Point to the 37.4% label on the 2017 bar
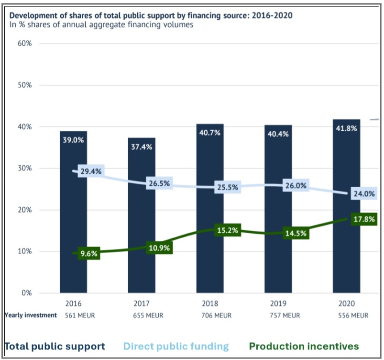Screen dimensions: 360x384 pos(142,147)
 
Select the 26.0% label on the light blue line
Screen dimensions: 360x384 pos(295,186)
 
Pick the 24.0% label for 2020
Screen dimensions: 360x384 pos(364,194)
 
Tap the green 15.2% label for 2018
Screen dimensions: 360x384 pos(227,230)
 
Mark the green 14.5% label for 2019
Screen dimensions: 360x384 pos(295,234)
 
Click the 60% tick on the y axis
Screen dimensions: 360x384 pos(24,44)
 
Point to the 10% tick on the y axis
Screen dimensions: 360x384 pos(24,251)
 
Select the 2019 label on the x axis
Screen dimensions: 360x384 pos(278,304)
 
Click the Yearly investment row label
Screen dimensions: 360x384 pos(31,315)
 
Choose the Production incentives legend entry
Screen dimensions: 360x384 pos(304,346)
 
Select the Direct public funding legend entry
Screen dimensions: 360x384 pos(176,346)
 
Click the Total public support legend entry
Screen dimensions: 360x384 pos(55,346)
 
